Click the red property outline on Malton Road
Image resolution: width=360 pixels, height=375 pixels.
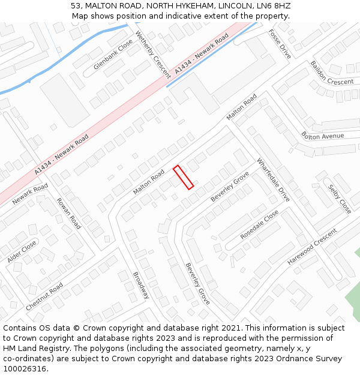click(x=184, y=177)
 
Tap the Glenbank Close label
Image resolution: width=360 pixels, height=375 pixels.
click(x=113, y=55)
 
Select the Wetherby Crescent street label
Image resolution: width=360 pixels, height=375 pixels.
click(x=153, y=54)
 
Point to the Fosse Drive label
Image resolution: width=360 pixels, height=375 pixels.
click(x=280, y=44)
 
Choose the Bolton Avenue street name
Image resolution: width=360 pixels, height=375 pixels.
click(x=323, y=136)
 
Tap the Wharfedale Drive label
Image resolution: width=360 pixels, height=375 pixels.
click(x=273, y=180)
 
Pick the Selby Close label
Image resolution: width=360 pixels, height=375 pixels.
click(x=340, y=199)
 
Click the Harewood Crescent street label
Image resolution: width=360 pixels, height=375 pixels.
click(x=312, y=246)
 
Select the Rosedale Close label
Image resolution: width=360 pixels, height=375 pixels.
click(x=259, y=225)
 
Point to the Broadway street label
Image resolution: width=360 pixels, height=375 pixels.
click(x=141, y=285)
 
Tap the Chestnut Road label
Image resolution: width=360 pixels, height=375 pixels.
click(x=44, y=296)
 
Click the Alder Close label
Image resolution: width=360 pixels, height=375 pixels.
click(x=22, y=251)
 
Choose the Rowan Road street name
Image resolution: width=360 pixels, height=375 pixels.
click(x=68, y=213)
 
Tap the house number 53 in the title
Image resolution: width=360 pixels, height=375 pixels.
click(x=76, y=6)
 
